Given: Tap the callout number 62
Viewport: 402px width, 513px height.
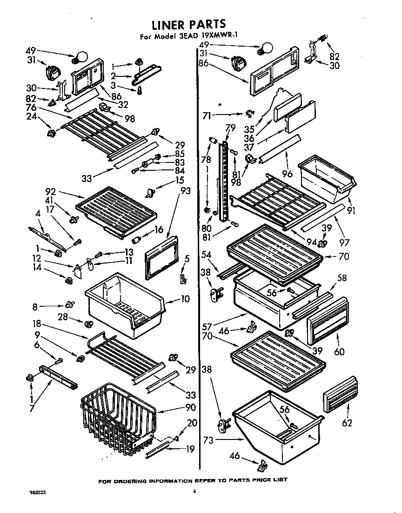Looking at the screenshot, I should pyautogui.click(x=346, y=423).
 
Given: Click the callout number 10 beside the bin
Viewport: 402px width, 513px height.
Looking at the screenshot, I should pyautogui.click(x=185, y=299).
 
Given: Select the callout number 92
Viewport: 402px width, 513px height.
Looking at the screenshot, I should pyautogui.click(x=51, y=190).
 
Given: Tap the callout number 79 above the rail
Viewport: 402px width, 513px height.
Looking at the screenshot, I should pyautogui.click(x=230, y=128).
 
